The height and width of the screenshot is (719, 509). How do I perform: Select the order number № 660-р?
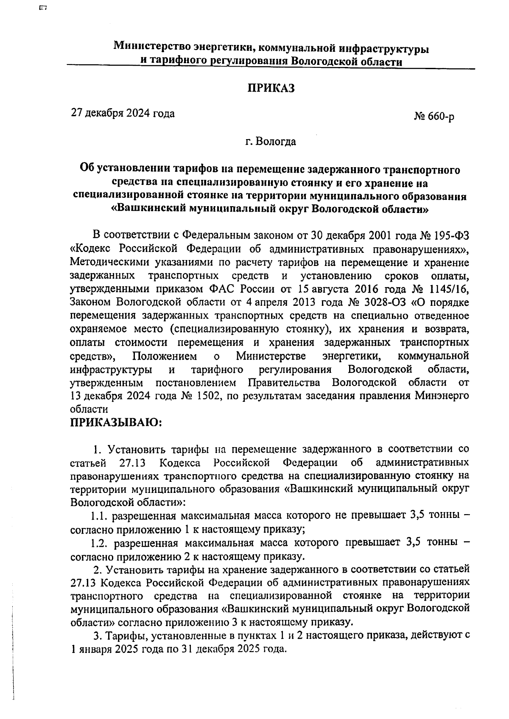433,117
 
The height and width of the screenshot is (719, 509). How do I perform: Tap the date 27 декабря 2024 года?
123,113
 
